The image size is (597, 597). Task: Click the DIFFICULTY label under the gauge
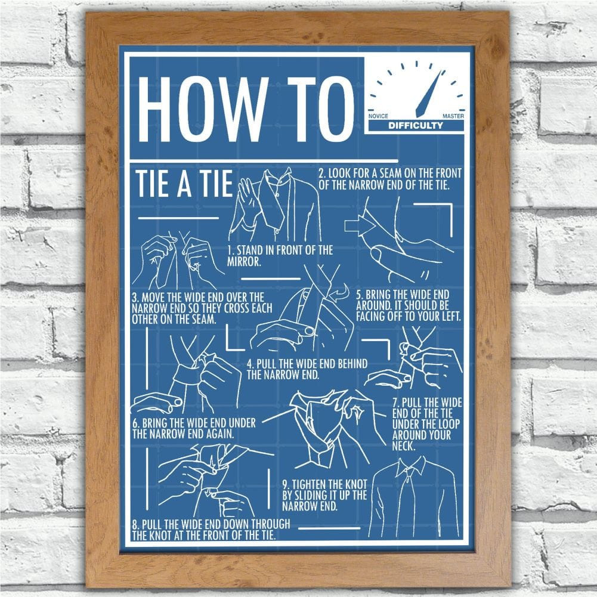point(416,126)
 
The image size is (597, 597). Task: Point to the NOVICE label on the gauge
point(378,116)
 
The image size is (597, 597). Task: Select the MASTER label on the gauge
point(453,116)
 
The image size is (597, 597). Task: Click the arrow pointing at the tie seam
point(357,226)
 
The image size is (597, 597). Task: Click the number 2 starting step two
point(321,174)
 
